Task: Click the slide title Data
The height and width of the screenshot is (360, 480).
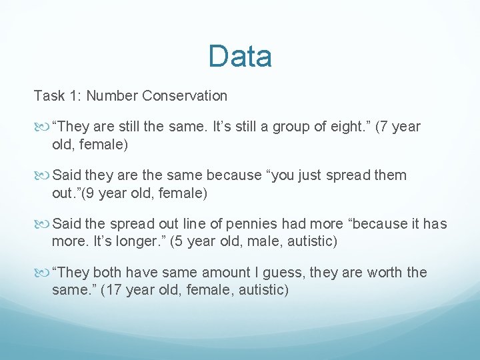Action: point(240,57)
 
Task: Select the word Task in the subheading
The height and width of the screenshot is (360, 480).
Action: point(49,96)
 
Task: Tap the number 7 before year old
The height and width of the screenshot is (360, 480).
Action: point(385,127)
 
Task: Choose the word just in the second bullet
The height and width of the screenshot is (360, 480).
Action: point(289,175)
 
